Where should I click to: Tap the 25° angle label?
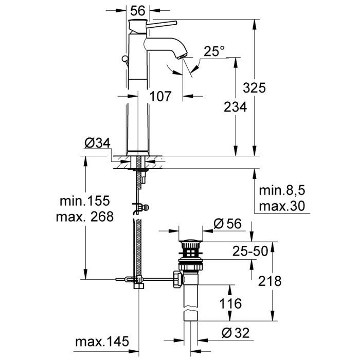(x=214, y=51)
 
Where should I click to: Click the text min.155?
(x=84, y=200)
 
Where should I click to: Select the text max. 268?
(x=84, y=216)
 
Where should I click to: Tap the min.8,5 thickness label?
(x=282, y=191)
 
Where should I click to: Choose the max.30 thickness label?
(x=282, y=206)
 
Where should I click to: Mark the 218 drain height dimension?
(x=271, y=281)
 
